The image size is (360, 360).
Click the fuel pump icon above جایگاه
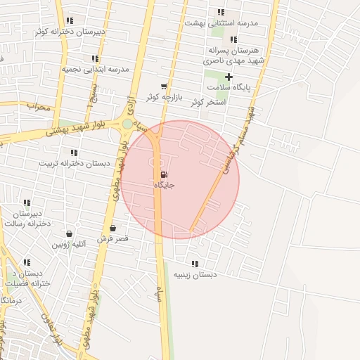(x=165, y=174)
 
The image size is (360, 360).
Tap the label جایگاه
(x=164, y=185)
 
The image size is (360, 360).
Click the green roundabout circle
(x=127, y=124)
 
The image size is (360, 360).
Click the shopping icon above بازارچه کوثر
(x=164, y=86)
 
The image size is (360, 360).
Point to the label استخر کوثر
(x=207, y=102)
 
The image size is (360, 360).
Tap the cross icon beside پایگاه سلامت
(x=229, y=77)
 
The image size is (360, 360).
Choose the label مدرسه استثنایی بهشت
(x=221, y=22)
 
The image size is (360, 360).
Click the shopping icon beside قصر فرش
(x=112, y=229)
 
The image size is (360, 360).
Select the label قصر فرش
(x=112, y=239)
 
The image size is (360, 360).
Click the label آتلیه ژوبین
(x=68, y=245)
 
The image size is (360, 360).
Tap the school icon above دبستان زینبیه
(x=195, y=264)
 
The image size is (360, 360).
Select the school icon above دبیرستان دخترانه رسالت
(x=27, y=203)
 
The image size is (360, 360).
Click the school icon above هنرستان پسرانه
(x=233, y=40)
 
